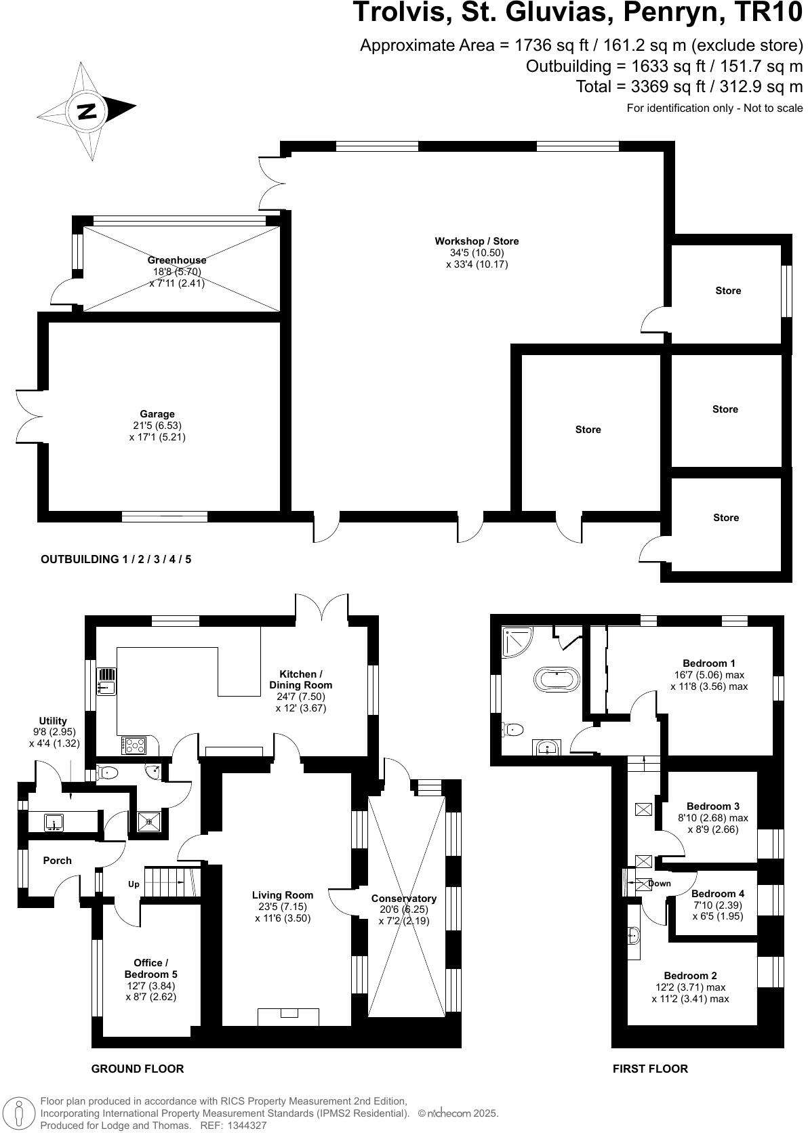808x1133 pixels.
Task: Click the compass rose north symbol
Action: [x=87, y=111]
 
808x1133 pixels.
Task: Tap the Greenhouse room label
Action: [x=177, y=260]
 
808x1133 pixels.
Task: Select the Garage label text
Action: [x=157, y=414]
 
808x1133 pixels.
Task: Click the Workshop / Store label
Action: [x=477, y=241]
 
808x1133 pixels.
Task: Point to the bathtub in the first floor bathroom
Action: [x=557, y=679]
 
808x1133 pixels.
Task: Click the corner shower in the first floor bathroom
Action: [x=517, y=640]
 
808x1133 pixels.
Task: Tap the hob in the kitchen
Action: [x=134, y=745]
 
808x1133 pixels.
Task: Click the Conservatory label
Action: [x=404, y=899]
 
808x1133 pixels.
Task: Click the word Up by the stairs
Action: [x=134, y=884]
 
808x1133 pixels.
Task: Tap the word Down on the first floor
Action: [x=659, y=883]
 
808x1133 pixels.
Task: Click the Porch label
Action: [x=57, y=861]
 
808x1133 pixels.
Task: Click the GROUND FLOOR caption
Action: [x=138, y=1069]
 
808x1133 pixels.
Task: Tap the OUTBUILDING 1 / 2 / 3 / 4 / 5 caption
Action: [x=116, y=559]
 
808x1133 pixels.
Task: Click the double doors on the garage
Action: [x=30, y=414]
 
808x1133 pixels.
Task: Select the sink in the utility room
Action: [x=54, y=823]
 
